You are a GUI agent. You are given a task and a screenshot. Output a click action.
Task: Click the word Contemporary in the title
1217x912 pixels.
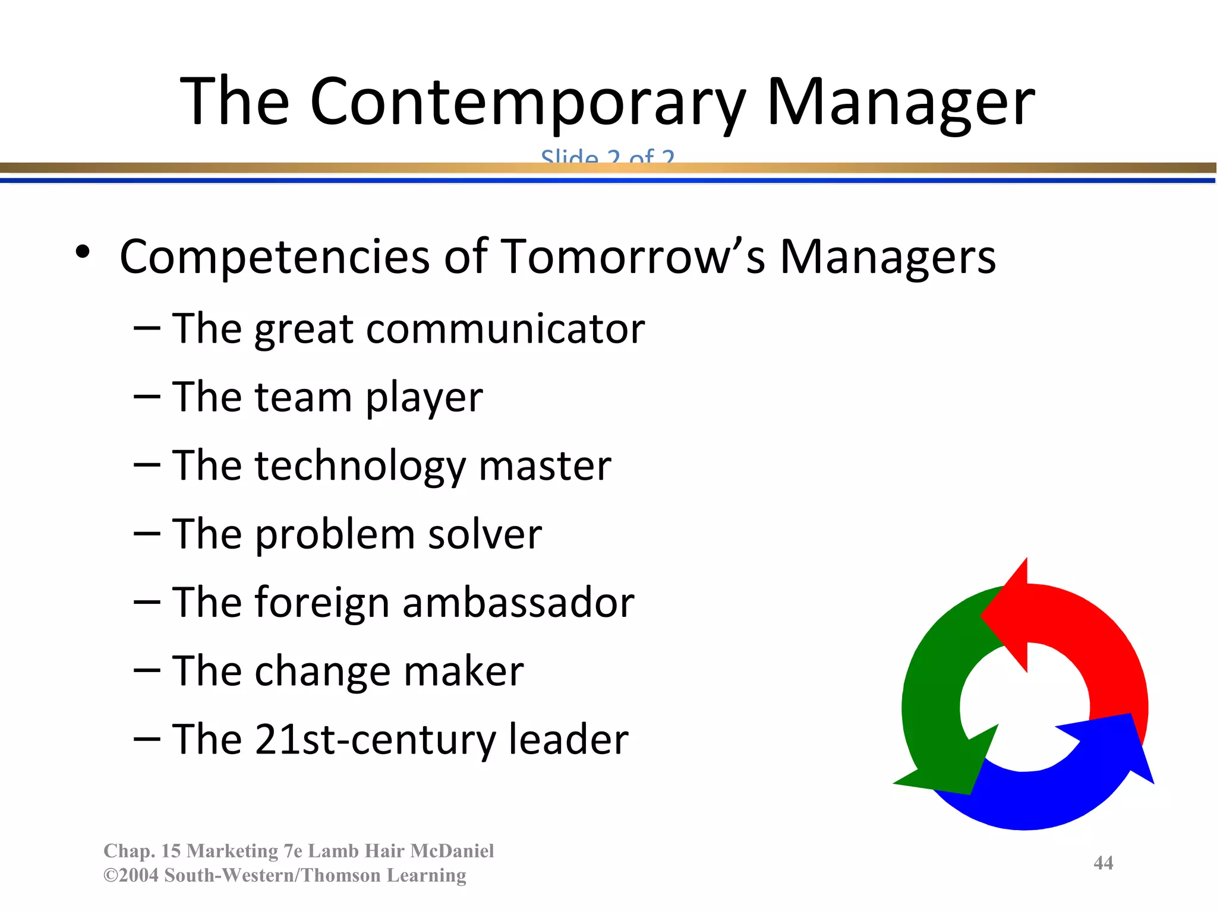pyautogui.click(x=528, y=102)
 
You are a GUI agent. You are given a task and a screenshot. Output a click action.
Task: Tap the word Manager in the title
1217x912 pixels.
pyautogui.click(x=901, y=102)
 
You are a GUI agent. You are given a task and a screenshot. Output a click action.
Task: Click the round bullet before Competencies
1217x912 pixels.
pyautogui.click(x=83, y=253)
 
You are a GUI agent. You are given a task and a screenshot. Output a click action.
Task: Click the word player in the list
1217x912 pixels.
pyautogui.click(x=424, y=397)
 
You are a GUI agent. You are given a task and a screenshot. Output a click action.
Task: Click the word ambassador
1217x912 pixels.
pyautogui.click(x=518, y=602)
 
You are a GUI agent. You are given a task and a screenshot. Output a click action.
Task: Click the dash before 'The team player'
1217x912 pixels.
pyautogui.click(x=147, y=397)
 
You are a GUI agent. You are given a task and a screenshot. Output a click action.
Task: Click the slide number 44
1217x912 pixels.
pyautogui.click(x=1103, y=862)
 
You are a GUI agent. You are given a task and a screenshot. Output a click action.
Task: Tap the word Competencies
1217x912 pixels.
pyautogui.click(x=275, y=256)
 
